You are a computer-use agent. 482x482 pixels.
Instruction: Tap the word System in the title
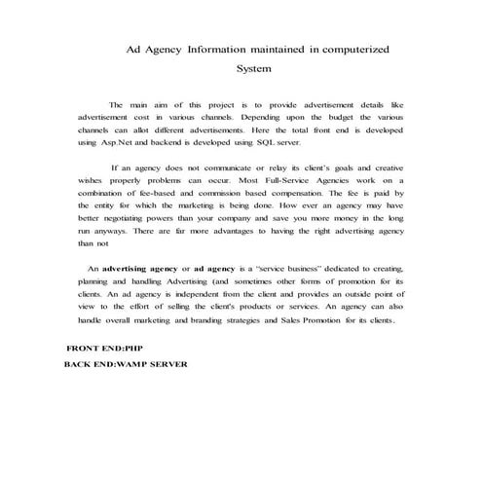(x=253, y=69)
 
